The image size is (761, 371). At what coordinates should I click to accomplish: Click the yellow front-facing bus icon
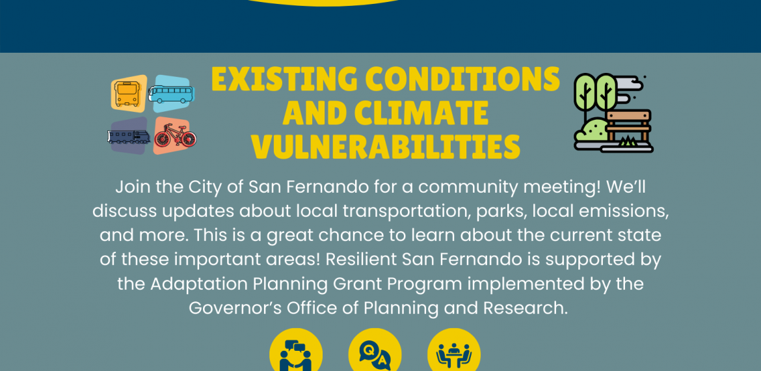click(127, 94)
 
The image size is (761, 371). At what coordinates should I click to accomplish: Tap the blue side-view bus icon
click(171, 94)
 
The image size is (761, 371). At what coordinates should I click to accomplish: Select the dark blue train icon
click(129, 137)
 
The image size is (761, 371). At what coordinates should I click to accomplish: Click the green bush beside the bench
click(591, 131)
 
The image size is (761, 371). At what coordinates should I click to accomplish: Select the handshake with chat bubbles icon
click(296, 355)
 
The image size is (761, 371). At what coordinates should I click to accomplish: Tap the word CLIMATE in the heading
click(421, 112)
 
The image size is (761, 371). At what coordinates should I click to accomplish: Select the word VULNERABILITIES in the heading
click(385, 146)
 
